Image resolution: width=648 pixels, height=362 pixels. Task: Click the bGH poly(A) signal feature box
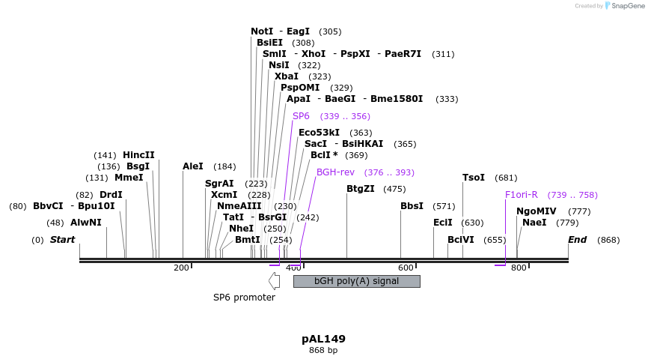[x=356, y=281]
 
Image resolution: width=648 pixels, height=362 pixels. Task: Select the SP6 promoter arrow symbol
[x=274, y=281]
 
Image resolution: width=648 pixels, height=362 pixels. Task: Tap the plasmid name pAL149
[x=323, y=339]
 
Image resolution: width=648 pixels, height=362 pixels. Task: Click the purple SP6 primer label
[x=301, y=116]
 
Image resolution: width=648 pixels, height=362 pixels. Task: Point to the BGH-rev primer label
[x=334, y=172]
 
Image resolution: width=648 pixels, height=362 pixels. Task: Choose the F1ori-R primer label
[x=522, y=195]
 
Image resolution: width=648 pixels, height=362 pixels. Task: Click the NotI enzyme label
[x=262, y=31]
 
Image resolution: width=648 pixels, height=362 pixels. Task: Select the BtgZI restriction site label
[x=360, y=189]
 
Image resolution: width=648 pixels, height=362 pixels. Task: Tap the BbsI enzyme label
[x=412, y=205]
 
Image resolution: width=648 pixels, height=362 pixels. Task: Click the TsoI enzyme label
[x=474, y=178]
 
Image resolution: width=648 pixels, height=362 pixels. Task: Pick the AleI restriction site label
[x=193, y=166]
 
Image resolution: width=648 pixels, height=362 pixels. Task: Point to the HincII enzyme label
[x=138, y=155]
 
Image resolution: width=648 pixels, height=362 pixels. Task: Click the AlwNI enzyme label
[x=85, y=223]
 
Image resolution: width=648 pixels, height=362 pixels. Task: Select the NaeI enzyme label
[x=534, y=223]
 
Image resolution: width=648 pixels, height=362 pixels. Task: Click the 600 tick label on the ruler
[x=406, y=268]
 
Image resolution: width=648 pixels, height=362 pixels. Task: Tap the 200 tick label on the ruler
[x=181, y=268]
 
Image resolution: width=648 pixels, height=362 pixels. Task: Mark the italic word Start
[x=62, y=240]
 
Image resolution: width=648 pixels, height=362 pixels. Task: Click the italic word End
[x=577, y=240]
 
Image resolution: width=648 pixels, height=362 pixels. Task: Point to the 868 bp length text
[x=323, y=350]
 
